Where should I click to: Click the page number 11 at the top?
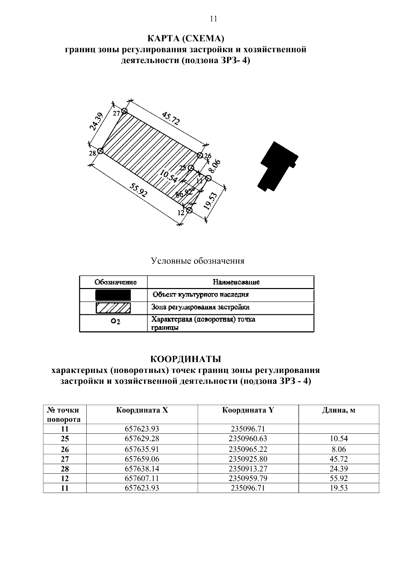[x=213, y=19]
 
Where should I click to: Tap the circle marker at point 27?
[x=125, y=111]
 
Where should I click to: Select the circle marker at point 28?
[x=100, y=151]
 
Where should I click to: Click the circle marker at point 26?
[x=200, y=155]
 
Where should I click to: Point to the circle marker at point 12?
[x=189, y=210]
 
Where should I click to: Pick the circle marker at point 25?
[x=191, y=168]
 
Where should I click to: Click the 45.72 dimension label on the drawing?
[x=171, y=119]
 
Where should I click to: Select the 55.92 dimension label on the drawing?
[x=139, y=193]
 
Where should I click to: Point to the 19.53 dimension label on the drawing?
[x=211, y=201]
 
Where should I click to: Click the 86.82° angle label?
[x=185, y=193]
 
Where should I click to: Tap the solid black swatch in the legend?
[x=113, y=295]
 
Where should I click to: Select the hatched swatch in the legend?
[x=113, y=307]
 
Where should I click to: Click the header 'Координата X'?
[x=142, y=410]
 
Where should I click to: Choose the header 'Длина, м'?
[x=339, y=410]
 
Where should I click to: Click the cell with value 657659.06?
[x=142, y=459]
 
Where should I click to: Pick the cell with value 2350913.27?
[x=248, y=469]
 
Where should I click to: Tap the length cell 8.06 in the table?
[x=339, y=449]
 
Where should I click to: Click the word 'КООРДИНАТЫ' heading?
[x=185, y=360]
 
